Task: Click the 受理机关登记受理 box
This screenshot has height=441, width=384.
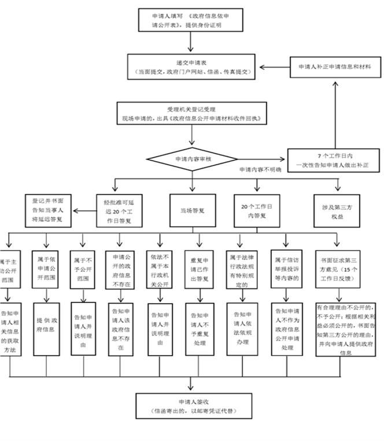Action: [191, 114]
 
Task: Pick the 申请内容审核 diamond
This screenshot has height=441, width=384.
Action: [192, 159]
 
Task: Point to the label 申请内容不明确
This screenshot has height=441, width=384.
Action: [260, 171]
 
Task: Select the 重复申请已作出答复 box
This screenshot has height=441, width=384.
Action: [199, 269]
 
